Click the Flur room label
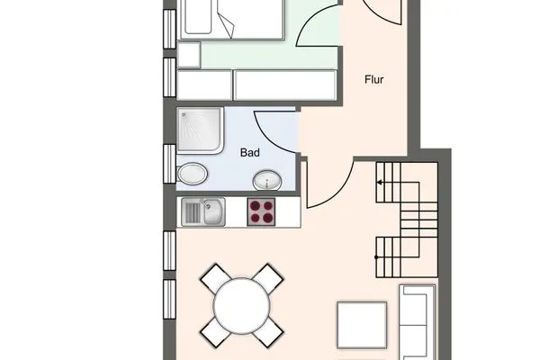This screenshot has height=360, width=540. pyautogui.click(x=375, y=78)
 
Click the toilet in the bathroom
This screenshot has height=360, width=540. pyautogui.click(x=192, y=173)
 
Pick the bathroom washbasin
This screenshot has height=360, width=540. pyautogui.click(x=266, y=180)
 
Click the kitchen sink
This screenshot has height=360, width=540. pyautogui.click(x=204, y=212)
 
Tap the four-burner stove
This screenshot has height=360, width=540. pyautogui.click(x=263, y=212)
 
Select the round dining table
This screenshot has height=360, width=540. pyautogui.click(x=241, y=307)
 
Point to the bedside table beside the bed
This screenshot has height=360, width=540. pyautogui.click(x=189, y=54)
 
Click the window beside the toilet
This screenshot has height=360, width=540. pyautogui.click(x=169, y=162)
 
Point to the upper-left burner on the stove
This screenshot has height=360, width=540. pyautogui.click(x=256, y=206)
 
